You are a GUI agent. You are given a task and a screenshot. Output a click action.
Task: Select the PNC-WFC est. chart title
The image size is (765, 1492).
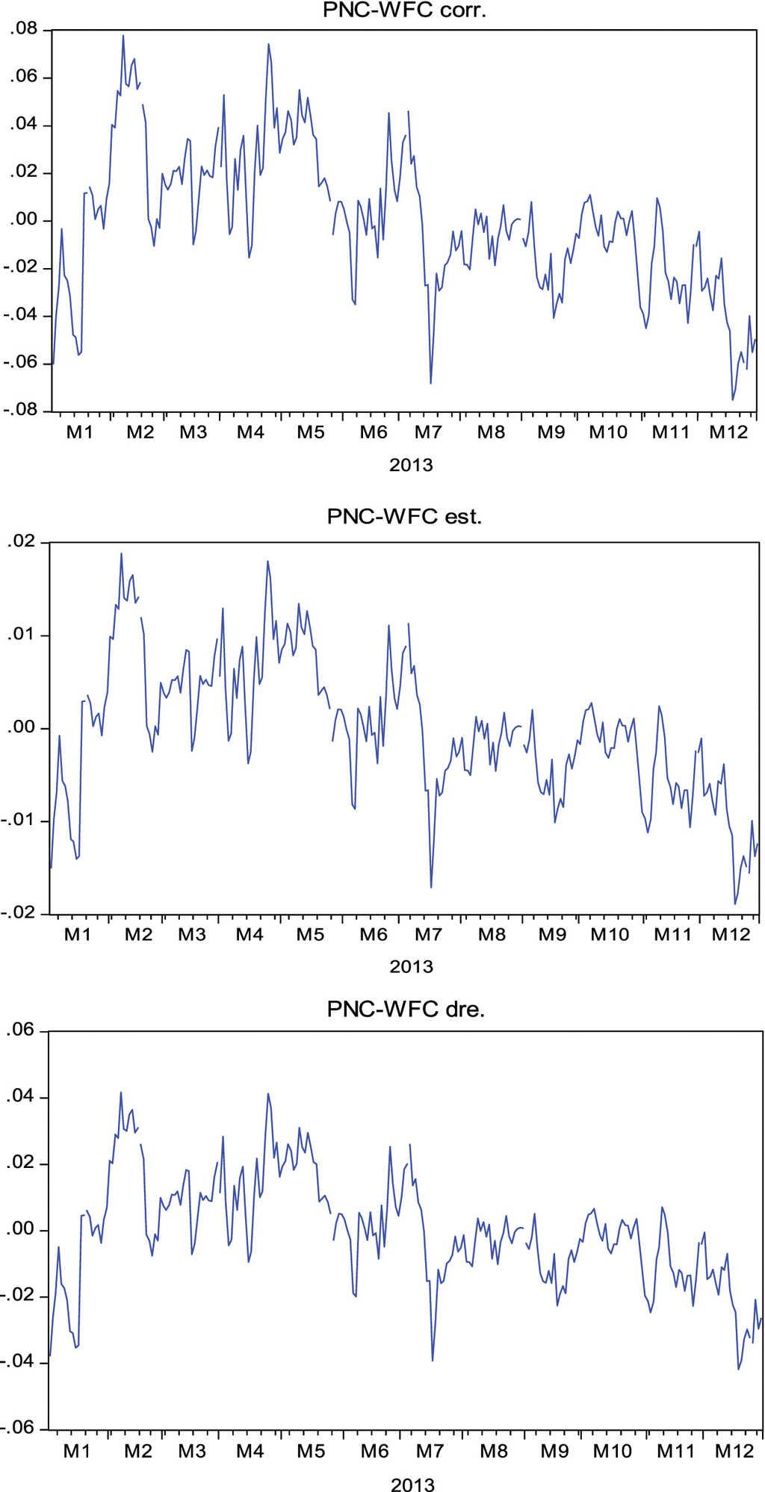click(404, 516)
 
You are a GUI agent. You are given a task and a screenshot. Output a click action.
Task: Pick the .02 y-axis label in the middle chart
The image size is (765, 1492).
click(22, 542)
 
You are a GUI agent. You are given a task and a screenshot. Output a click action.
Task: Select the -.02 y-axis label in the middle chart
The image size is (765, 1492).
click(19, 913)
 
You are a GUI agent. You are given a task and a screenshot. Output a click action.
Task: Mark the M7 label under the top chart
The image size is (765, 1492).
click(429, 432)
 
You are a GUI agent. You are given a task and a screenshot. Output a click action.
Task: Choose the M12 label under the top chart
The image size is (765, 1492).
click(728, 432)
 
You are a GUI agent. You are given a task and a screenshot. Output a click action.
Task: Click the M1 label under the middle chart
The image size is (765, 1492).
click(77, 934)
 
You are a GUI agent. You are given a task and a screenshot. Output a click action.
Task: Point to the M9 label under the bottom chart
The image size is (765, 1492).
click(554, 1451)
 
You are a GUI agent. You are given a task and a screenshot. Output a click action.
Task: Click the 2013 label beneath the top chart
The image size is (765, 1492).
click(411, 465)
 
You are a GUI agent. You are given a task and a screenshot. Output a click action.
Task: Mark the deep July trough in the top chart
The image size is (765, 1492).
click(430, 383)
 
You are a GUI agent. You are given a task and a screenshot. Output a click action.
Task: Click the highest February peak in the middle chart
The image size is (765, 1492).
click(121, 553)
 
